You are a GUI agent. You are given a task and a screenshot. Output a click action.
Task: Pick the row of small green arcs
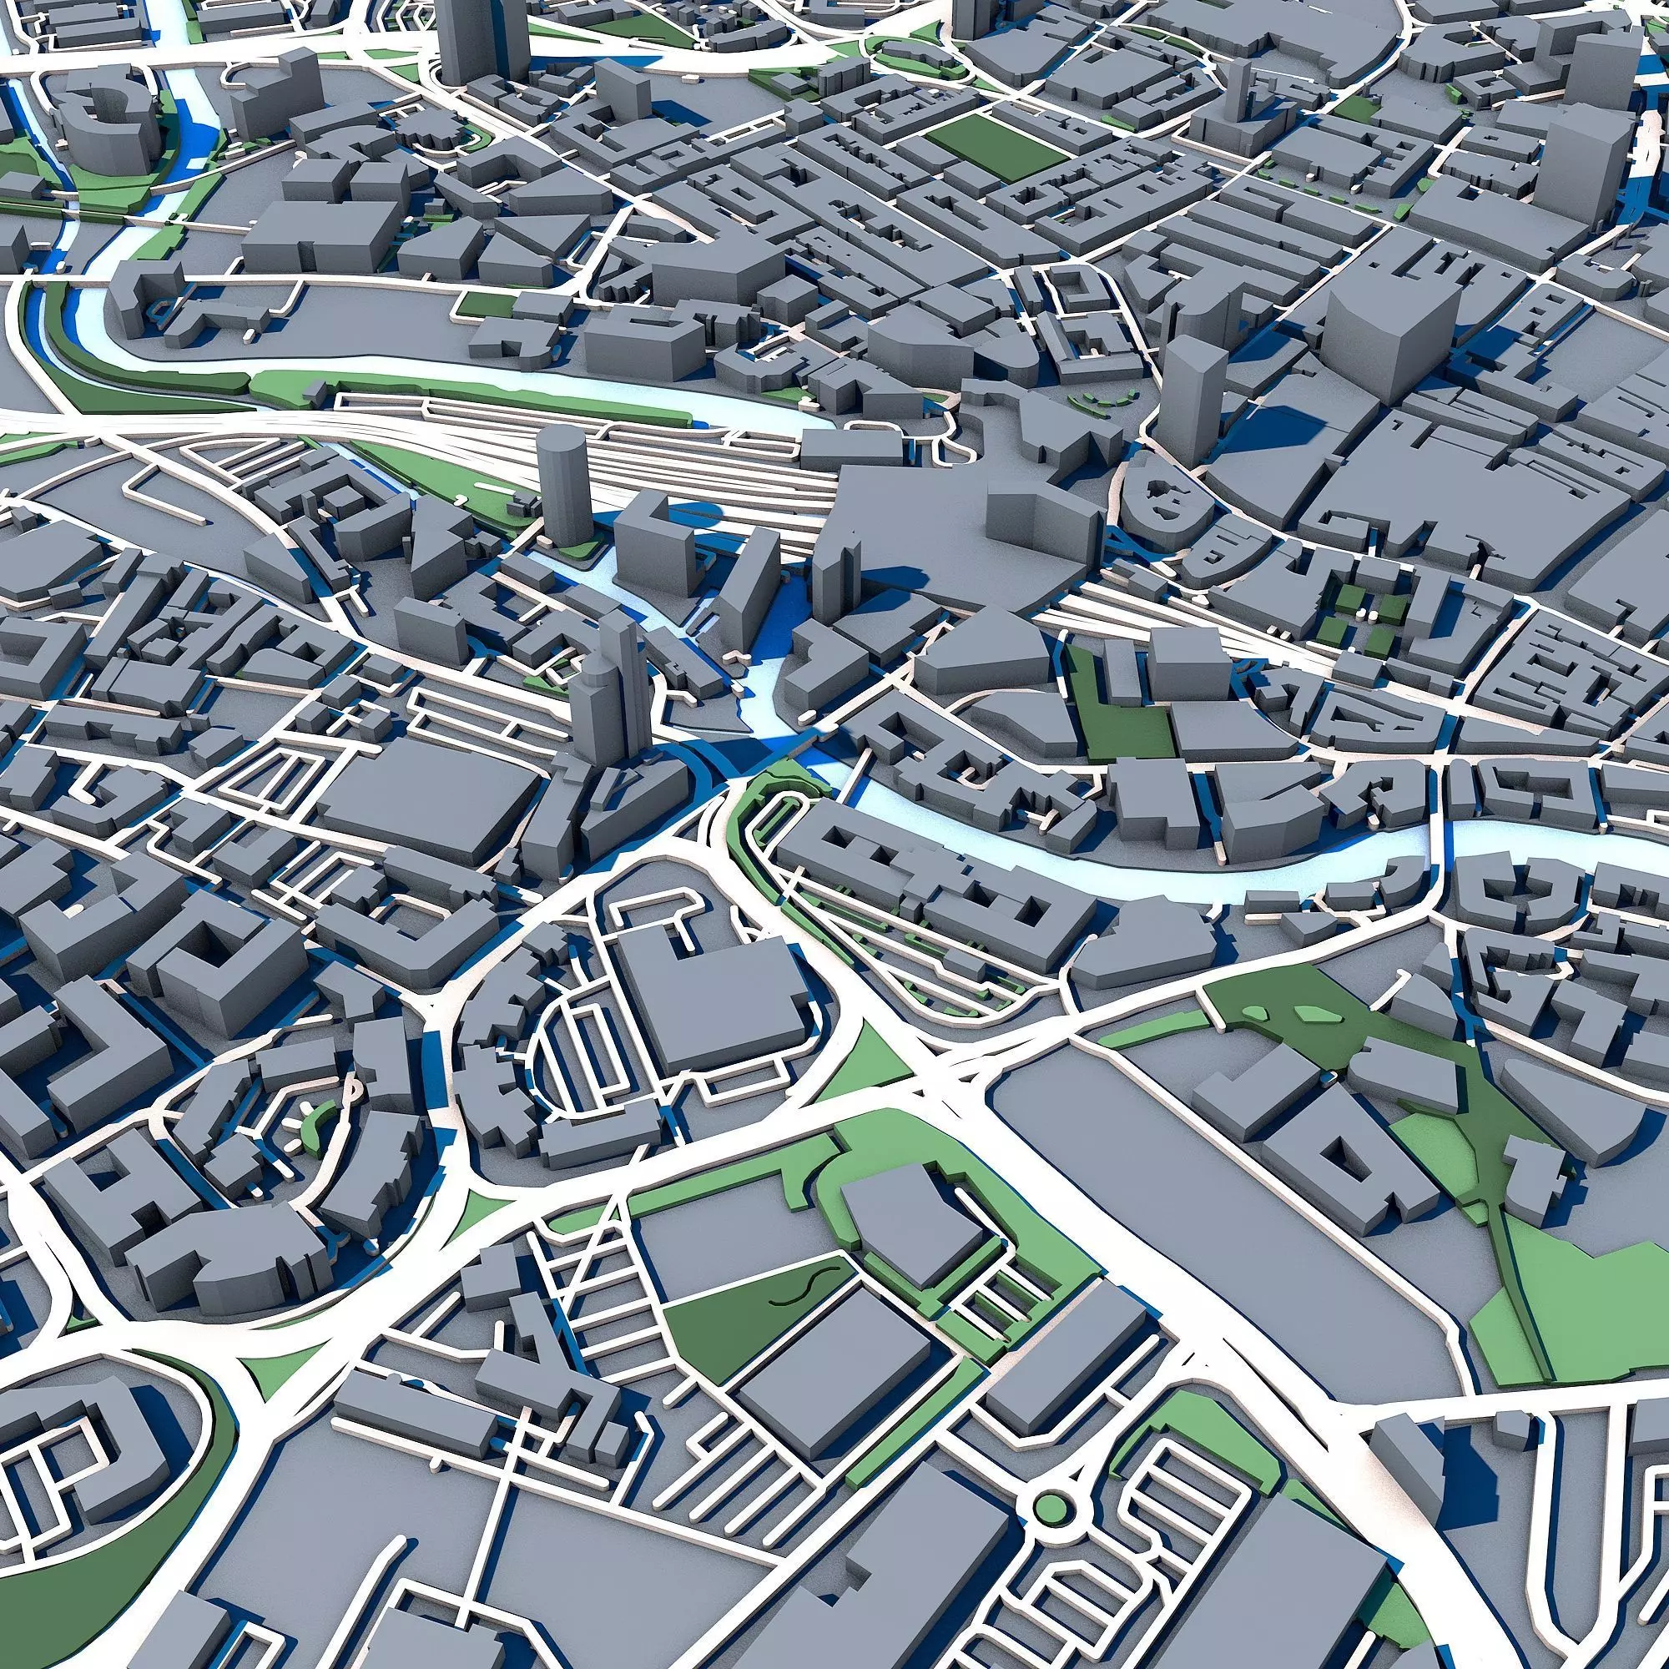click(x=1101, y=401)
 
